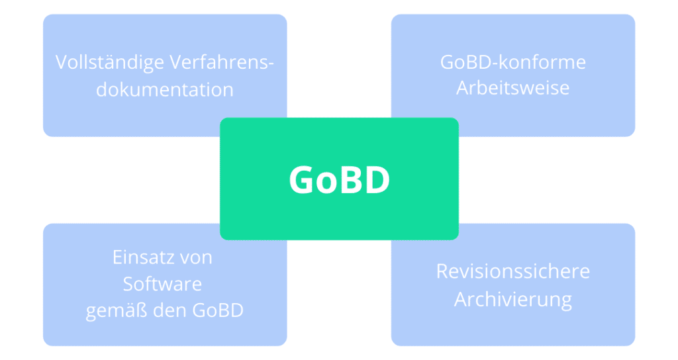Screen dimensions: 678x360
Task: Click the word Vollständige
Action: tap(110, 63)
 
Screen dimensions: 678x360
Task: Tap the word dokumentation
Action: tap(165, 89)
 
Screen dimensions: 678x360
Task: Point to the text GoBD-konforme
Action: tap(513, 62)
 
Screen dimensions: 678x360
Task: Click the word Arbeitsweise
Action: tap(513, 88)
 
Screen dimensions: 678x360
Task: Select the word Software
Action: tap(163, 284)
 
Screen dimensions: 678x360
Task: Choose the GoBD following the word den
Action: tap(218, 310)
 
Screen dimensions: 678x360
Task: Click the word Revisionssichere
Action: tap(513, 271)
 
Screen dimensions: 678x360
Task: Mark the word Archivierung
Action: tap(513, 300)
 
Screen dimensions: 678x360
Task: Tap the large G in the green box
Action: tap(302, 179)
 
